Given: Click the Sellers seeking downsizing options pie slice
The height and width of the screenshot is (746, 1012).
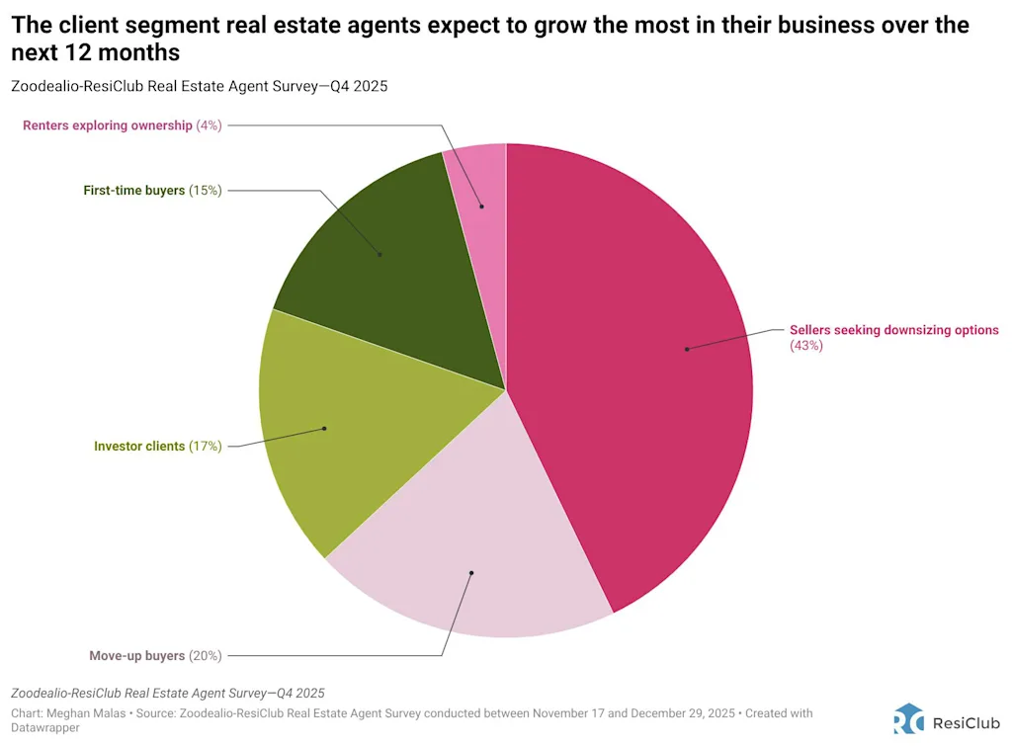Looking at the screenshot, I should click(632, 375).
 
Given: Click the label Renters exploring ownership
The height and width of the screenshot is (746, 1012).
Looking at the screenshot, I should click(108, 125).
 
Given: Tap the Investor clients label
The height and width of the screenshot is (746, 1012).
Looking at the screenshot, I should click(139, 446).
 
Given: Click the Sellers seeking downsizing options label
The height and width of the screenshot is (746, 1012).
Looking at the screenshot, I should click(893, 330).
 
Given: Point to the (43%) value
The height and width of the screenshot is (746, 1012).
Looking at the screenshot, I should click(806, 346).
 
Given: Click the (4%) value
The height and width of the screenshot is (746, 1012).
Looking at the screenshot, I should click(209, 125).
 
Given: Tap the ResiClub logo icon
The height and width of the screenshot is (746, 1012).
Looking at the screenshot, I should click(908, 718).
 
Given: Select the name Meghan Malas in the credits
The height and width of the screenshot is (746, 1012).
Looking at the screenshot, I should click(89, 712).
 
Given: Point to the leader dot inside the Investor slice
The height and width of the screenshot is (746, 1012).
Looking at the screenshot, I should click(324, 429).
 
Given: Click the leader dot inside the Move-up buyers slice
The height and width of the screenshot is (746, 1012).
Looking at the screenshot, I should click(471, 572).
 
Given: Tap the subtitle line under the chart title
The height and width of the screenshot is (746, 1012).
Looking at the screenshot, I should click(199, 86).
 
